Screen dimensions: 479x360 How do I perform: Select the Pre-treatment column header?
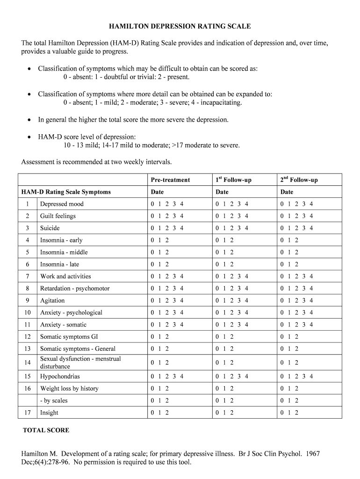point(170,180)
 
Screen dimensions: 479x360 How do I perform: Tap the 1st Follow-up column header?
point(233,180)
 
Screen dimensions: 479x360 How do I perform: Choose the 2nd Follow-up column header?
point(299,180)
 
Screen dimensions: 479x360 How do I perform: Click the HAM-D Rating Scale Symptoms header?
point(66,192)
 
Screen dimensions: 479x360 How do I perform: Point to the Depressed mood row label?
point(62,204)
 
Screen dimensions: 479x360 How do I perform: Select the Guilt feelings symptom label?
point(58,216)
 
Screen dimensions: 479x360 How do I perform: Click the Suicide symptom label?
point(50,228)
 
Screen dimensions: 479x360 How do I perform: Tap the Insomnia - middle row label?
point(64,252)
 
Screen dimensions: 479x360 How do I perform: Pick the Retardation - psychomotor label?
point(75,288)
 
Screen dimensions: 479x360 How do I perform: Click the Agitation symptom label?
point(52,300)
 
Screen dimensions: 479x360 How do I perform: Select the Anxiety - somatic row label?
point(63,325)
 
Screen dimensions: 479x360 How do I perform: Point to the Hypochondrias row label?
point(60,377)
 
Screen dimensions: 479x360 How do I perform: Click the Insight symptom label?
point(49,413)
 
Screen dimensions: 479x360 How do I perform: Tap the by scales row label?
point(54,400)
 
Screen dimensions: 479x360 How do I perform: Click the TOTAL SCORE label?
point(46,430)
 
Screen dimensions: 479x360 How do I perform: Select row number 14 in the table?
point(28,363)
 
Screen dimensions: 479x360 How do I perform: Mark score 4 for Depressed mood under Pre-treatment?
point(182,204)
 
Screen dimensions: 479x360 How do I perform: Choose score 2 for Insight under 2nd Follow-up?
point(296,413)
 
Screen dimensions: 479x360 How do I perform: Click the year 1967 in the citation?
point(312,454)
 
